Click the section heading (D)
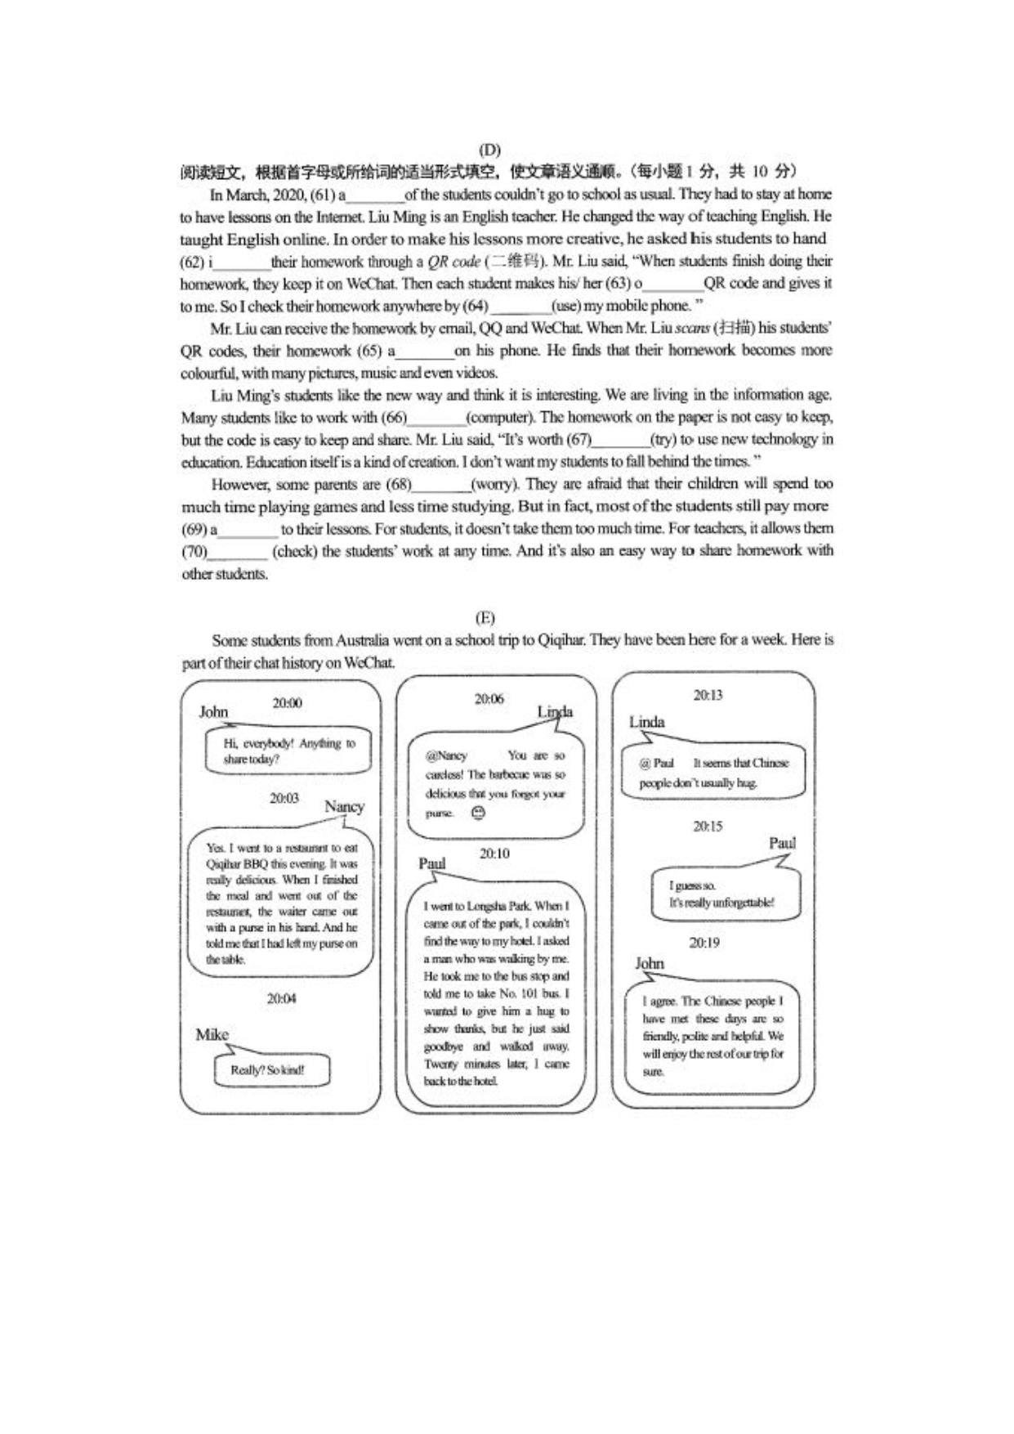coord(489,150)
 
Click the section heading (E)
coord(485,617)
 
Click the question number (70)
coord(194,551)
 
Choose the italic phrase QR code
coord(453,262)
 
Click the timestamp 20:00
coord(287,703)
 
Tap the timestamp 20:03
coord(284,798)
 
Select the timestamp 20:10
coord(494,854)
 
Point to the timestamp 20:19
coord(704,943)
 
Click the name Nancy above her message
coord(344,807)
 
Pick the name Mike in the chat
coord(212,1035)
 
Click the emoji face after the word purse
coord(478,813)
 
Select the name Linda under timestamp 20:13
coord(646,722)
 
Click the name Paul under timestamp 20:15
coord(782,843)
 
